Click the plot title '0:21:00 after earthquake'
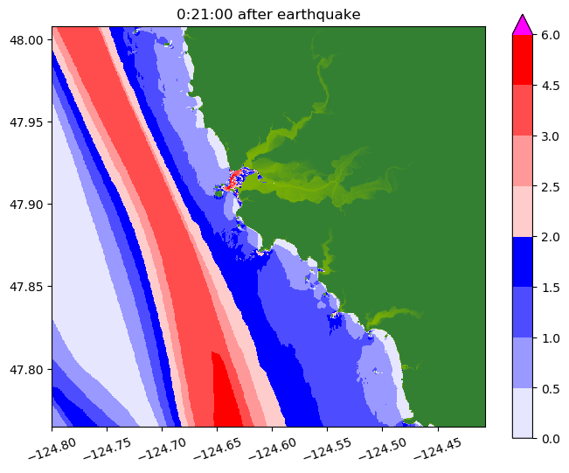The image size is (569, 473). click(268, 14)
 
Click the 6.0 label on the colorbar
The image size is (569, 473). click(551, 35)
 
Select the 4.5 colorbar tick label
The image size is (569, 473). click(551, 86)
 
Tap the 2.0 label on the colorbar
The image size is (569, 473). click(551, 237)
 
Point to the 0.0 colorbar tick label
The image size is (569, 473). click(551, 438)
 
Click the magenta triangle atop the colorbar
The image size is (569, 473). click(523, 25)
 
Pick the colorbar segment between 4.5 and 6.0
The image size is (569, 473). click(523, 60)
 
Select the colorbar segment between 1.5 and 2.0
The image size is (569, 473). click(523, 261)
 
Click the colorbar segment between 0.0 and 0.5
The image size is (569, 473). click(523, 413)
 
